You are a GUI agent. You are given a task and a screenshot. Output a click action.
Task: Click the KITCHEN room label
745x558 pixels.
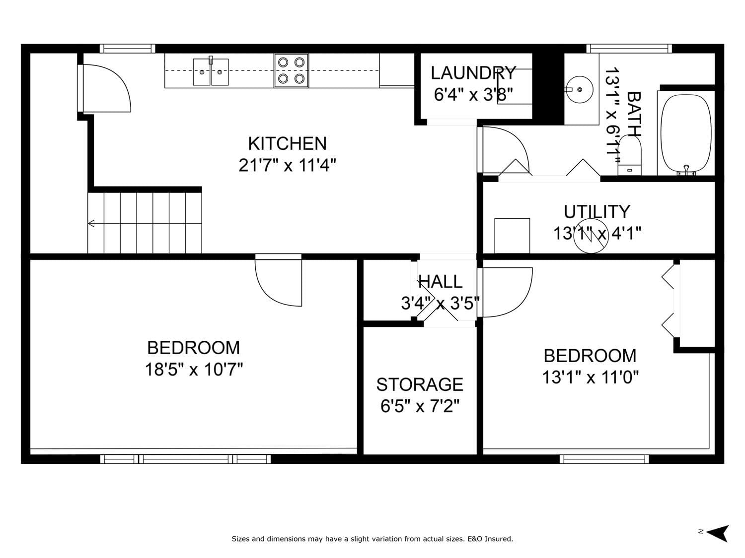tap(287, 144)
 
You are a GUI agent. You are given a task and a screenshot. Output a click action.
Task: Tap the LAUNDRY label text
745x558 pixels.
tap(473, 73)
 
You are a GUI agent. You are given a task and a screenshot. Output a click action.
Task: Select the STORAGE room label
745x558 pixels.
tap(420, 384)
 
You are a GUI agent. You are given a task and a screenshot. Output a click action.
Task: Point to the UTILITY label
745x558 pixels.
tap(596, 212)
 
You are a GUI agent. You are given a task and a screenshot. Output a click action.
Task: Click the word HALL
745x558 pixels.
tap(440, 282)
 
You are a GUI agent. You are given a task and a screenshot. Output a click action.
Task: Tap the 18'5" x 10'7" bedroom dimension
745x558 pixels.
tap(194, 370)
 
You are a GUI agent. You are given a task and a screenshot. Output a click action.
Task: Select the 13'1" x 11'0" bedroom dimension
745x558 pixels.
tap(590, 377)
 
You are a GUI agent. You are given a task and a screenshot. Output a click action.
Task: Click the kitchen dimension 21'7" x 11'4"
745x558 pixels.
tap(287, 165)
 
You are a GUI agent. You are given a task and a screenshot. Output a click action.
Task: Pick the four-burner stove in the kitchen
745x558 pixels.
tap(291, 70)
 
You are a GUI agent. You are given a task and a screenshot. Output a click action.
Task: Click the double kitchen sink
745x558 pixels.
tap(211, 71)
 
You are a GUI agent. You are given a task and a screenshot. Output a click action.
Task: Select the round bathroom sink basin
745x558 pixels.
tap(580, 89)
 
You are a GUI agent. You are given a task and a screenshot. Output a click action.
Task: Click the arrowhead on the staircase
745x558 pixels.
tap(91, 223)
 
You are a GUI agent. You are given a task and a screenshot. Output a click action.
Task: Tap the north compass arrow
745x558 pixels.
tap(718, 534)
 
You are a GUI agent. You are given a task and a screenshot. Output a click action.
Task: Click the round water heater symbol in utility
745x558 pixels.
tap(591, 235)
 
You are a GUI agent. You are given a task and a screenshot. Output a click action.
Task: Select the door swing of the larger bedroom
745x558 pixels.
tap(278, 281)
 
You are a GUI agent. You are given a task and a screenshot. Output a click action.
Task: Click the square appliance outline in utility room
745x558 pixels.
tap(512, 236)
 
